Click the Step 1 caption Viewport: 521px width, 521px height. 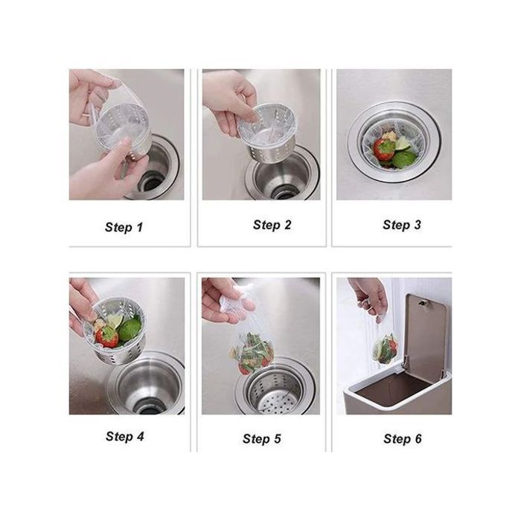[124, 227]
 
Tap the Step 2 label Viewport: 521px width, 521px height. [272, 225]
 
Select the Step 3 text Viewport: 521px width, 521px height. [402, 225]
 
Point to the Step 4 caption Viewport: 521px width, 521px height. [125, 436]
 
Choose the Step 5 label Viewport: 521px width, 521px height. [262, 438]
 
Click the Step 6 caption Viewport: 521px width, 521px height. [403, 438]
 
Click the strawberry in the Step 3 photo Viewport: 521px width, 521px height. [384, 150]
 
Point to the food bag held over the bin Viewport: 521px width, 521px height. [385, 348]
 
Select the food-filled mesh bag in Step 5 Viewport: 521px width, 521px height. [252, 354]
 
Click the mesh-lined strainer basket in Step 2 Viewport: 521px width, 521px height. [267, 133]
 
